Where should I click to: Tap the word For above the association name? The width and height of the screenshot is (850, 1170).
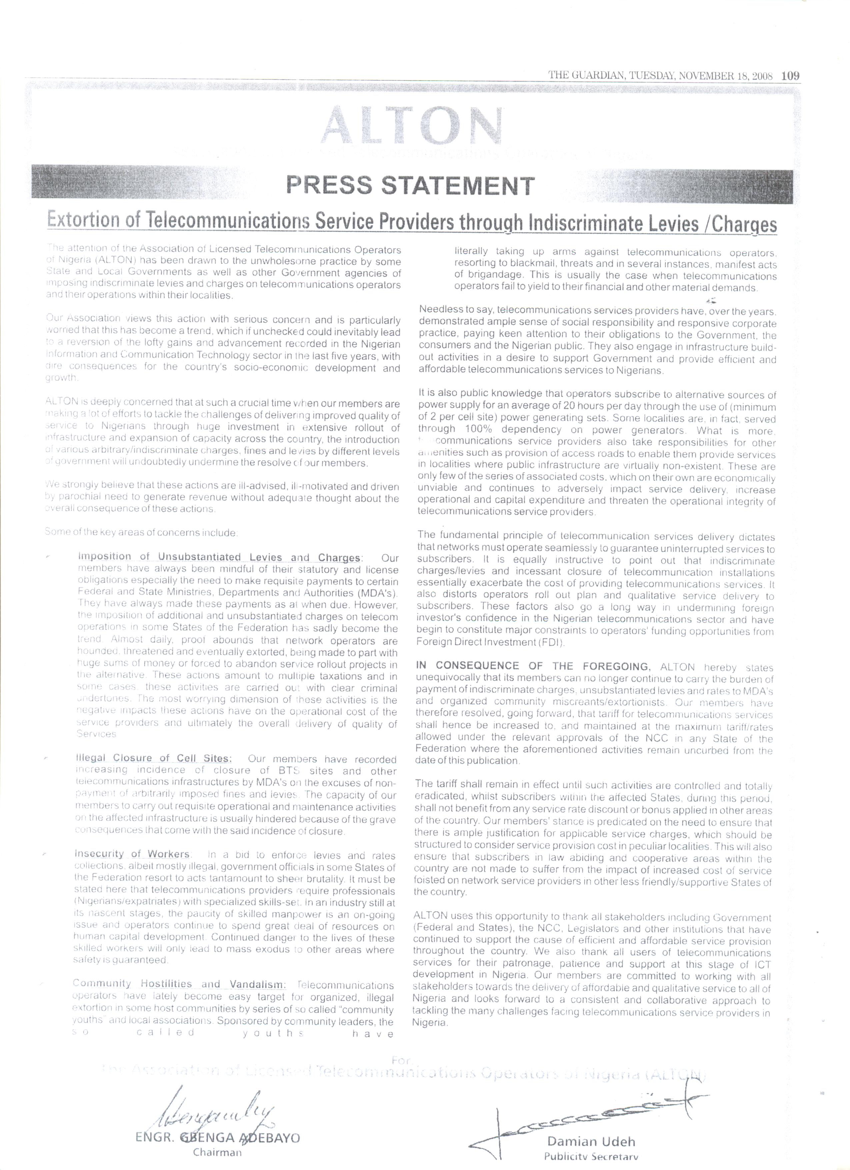click(401, 1057)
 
